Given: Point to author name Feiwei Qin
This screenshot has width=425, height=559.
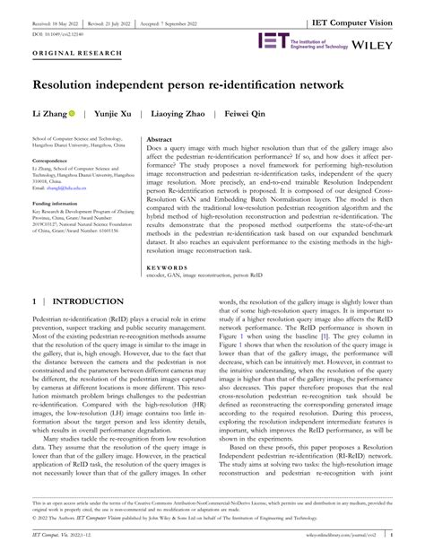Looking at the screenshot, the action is point(244,116).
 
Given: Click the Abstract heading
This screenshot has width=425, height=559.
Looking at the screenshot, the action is point(159,142).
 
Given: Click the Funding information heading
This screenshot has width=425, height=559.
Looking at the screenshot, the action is point(61,205).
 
